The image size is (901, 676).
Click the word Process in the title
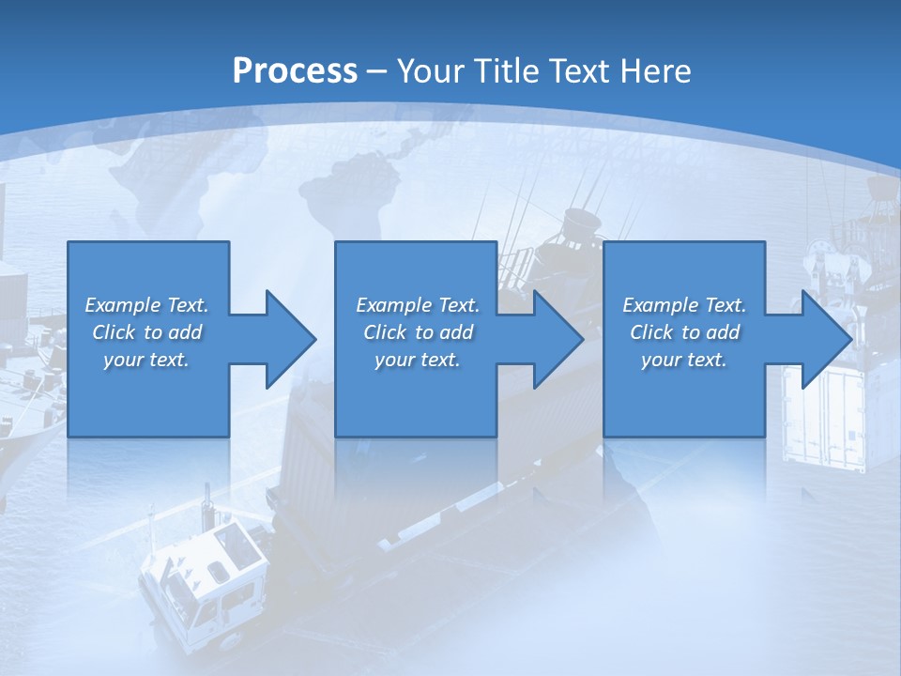[x=295, y=71]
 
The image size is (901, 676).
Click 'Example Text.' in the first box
[x=146, y=305]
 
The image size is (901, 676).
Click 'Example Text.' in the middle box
[x=418, y=305]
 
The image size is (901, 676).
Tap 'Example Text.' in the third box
[x=684, y=305]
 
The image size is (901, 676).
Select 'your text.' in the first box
[x=146, y=360]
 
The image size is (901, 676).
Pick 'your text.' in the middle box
[x=418, y=360]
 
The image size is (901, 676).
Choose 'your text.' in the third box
[x=684, y=360]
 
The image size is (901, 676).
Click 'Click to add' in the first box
[x=146, y=332]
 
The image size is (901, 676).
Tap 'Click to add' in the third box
[x=684, y=332]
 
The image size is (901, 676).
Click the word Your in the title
[x=429, y=71]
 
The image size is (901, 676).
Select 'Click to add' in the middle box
[x=418, y=332]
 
